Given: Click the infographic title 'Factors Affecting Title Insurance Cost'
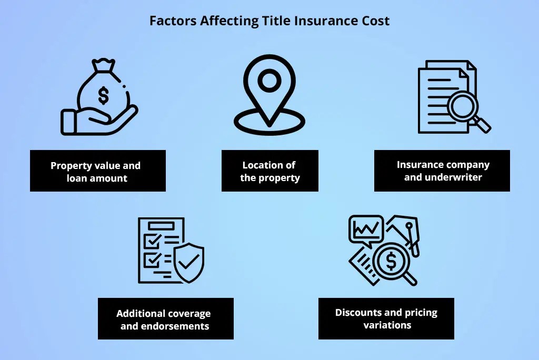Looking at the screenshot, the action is pos(269,21).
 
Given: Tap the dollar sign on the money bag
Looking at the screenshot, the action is pos(104,95).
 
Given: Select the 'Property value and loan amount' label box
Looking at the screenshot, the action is pos(97,171).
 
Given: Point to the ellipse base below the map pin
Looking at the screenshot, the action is pos(269,122).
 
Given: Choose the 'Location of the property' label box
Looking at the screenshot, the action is pos(269,171).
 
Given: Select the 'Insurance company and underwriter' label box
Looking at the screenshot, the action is pos(442,171).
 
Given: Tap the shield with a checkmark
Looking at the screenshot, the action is pos(188,261).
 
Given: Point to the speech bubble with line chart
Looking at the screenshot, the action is pos(366,229).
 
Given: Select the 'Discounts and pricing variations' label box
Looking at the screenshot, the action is pos(386,318).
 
